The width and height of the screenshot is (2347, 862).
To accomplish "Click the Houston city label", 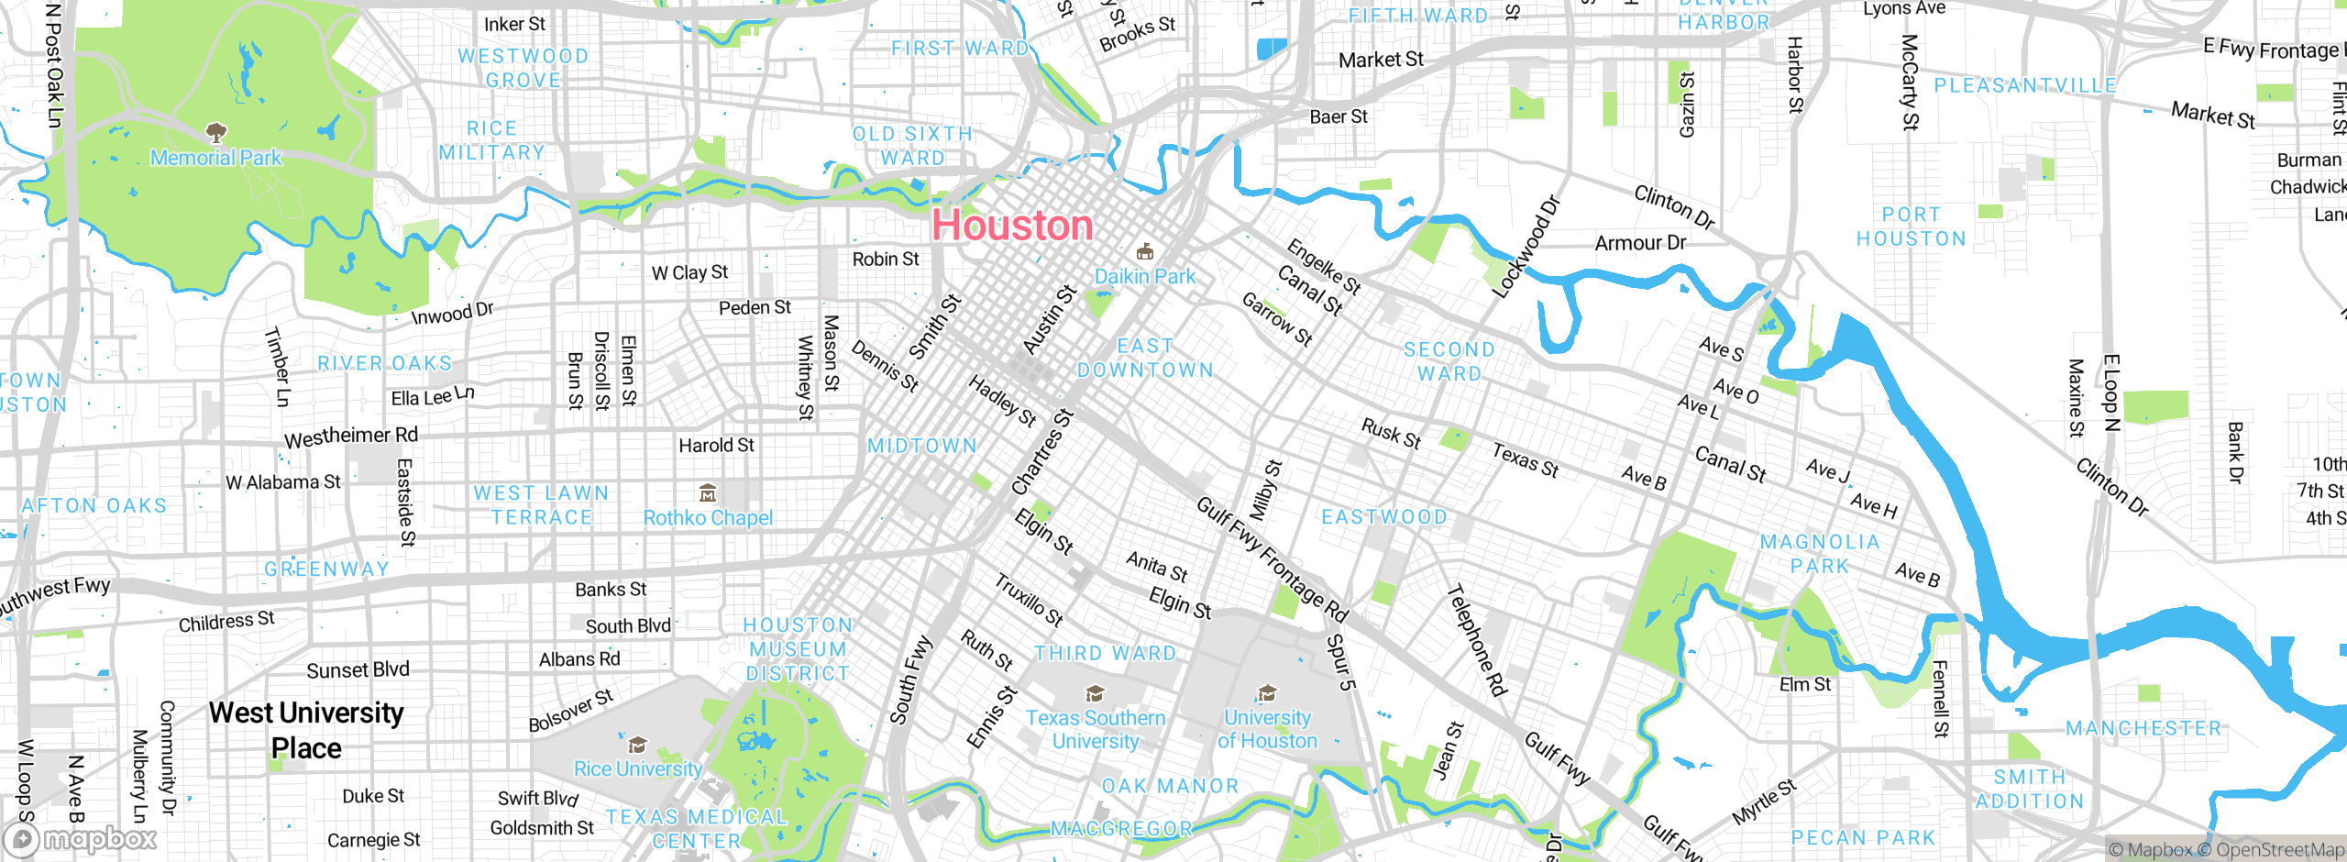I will pyautogui.click(x=1012, y=226).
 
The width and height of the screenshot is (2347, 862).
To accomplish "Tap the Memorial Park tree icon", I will pyautogui.click(x=216, y=133).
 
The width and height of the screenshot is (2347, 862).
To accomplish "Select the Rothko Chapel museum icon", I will pyautogui.click(x=708, y=494).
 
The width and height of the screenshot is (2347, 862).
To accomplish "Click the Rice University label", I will pyautogui.click(x=638, y=768).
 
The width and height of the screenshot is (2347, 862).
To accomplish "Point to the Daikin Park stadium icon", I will pyautogui.click(x=1144, y=252).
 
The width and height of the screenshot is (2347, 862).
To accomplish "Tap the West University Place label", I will pyautogui.click(x=306, y=730).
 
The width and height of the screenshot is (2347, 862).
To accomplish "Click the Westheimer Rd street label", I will pyautogui.click(x=351, y=437).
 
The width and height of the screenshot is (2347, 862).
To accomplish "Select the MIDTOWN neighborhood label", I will pyautogui.click(x=922, y=446).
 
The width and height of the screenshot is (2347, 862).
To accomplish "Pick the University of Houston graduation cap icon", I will pyautogui.click(x=1267, y=693).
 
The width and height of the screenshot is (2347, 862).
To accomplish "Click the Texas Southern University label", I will pyautogui.click(x=1096, y=729).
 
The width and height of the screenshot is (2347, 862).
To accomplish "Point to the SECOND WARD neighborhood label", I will pyautogui.click(x=1449, y=361).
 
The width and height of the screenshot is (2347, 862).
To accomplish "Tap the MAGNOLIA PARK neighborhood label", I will pyautogui.click(x=1820, y=554).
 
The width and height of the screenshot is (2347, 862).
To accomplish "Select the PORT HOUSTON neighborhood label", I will pyautogui.click(x=1912, y=227).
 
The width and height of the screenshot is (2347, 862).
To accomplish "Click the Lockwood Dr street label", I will pyautogui.click(x=1526, y=247).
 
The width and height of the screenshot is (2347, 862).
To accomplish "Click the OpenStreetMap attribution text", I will pyautogui.click(x=2279, y=850).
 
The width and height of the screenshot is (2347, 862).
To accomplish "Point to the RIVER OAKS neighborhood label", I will pyautogui.click(x=385, y=363).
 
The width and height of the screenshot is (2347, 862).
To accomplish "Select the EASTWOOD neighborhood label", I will pyautogui.click(x=1384, y=517).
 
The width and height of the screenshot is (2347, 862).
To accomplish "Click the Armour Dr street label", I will pyautogui.click(x=1640, y=243).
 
